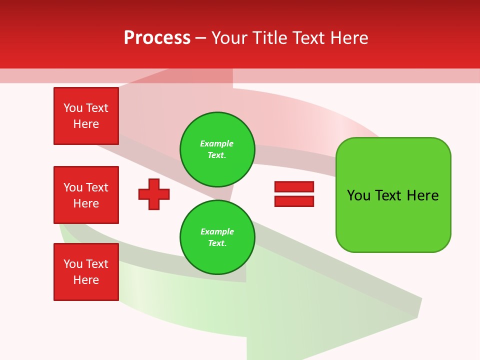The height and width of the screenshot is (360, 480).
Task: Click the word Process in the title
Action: tap(157, 38)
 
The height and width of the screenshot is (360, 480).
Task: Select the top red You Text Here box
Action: tap(86, 116)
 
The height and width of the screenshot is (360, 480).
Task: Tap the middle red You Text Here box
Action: tap(86, 195)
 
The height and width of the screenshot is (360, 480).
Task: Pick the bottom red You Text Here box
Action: tap(86, 272)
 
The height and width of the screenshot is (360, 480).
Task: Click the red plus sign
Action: tap(154, 194)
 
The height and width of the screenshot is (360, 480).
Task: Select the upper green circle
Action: tap(217, 149)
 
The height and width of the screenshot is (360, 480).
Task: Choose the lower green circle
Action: tap(217, 237)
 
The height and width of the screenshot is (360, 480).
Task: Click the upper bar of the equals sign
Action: tap(294, 186)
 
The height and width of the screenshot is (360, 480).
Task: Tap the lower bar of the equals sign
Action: tap(294, 201)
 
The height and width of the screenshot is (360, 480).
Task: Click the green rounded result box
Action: tap(393, 195)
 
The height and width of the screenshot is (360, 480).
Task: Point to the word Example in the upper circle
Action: tap(217, 143)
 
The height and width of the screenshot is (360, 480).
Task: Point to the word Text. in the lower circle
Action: tap(217, 243)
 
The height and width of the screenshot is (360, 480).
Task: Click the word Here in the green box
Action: tap(422, 195)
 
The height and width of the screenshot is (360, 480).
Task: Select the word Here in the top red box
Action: tap(86, 124)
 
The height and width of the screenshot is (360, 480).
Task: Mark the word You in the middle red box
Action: tap(72, 187)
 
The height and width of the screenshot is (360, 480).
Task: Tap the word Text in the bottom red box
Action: tap(97, 264)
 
